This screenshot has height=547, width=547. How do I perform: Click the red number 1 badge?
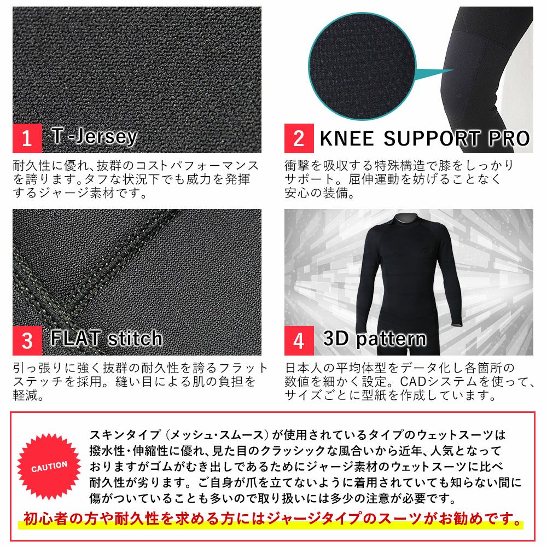[27, 138]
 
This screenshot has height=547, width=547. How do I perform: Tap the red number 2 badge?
[299, 138]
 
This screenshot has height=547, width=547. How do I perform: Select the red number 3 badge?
[27, 341]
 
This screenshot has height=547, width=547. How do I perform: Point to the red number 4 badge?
[299, 341]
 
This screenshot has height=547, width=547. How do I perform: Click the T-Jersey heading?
[94, 137]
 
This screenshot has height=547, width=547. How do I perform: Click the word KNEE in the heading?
[347, 138]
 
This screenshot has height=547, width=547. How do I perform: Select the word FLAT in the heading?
[75, 338]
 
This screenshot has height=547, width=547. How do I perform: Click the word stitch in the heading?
[135, 338]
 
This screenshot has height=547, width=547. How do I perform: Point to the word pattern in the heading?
[391, 339]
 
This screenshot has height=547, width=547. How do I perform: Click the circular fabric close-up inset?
[362, 66]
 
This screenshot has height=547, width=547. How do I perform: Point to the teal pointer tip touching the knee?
[453, 70]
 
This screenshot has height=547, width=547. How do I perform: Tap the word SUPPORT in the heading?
[432, 138]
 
